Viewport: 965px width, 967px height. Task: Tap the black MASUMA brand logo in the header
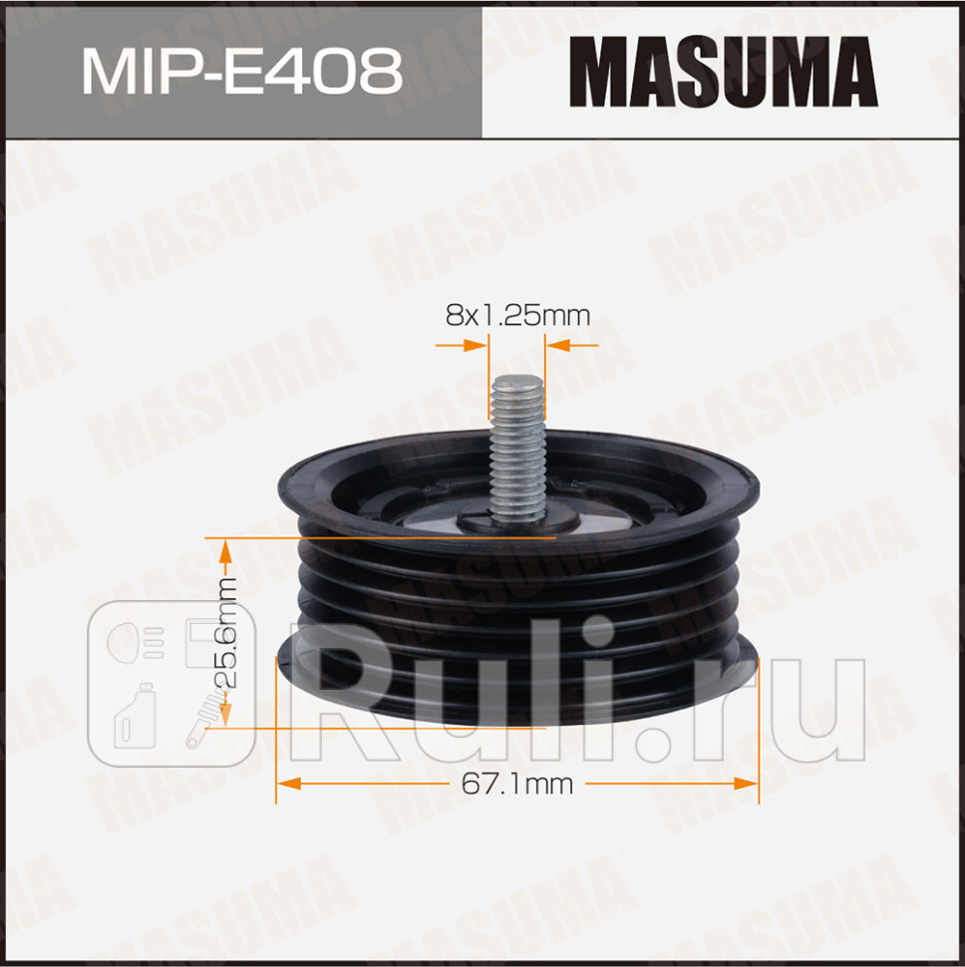click(723, 72)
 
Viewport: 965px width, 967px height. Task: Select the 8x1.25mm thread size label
click(517, 316)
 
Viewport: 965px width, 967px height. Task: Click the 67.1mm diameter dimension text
click(516, 785)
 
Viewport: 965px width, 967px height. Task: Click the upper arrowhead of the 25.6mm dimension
click(225, 548)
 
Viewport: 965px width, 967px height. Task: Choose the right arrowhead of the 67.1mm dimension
click(746, 785)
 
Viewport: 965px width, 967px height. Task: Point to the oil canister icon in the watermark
click(136, 716)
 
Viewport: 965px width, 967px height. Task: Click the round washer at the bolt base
click(516, 518)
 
